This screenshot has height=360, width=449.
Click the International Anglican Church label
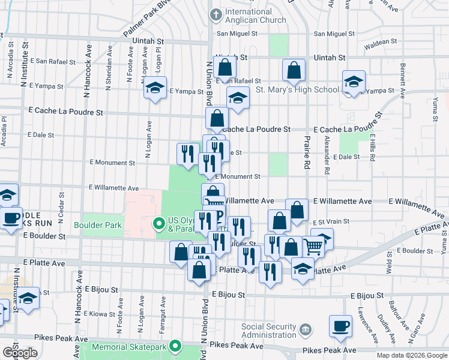pos(249,16)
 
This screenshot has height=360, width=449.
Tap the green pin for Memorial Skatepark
pos(175,346)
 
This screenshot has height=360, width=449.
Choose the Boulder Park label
pos(98,226)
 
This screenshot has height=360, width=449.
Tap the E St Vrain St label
pos(330,221)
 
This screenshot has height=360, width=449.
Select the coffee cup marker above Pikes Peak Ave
pos(340,326)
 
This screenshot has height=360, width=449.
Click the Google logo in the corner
pos(20,353)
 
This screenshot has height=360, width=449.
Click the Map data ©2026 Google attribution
pos(412,355)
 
